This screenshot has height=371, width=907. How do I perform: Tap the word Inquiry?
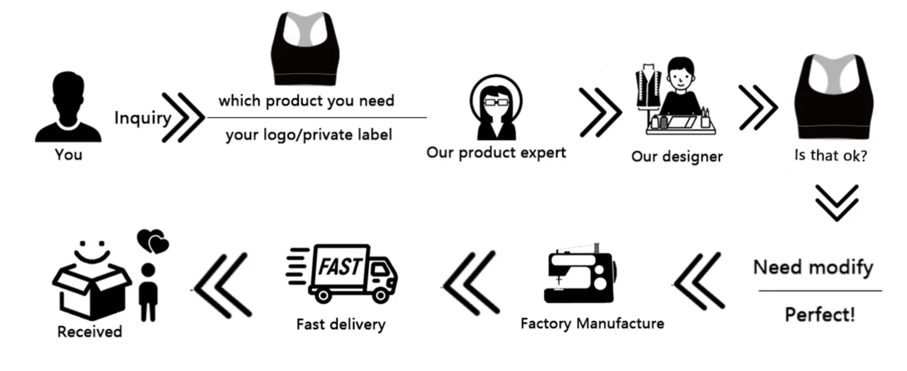point(142,118)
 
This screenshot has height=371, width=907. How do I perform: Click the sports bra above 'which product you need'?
point(305,49)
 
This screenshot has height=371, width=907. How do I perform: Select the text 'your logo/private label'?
point(309,135)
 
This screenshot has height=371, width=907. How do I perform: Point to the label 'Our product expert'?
point(496,152)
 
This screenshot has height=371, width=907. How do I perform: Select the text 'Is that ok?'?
point(831,156)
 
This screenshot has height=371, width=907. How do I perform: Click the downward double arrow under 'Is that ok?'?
point(837,203)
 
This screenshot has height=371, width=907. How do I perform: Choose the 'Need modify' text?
point(813,267)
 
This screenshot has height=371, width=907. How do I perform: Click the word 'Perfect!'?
point(820,315)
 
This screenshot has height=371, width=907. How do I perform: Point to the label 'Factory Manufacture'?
point(592,323)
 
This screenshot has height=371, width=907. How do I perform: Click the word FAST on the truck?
point(340,267)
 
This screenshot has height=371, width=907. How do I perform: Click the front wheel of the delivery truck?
point(380,295)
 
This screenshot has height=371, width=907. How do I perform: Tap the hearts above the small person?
point(153,241)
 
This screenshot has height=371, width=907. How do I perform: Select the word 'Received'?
point(89,331)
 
